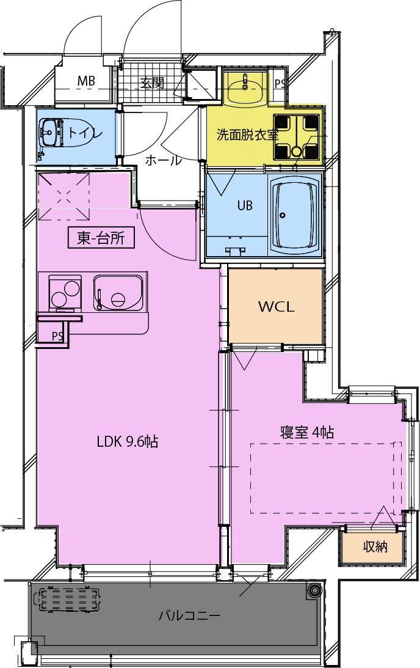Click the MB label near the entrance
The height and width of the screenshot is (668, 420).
coord(85,81)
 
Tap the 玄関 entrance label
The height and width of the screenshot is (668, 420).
coord(153,83)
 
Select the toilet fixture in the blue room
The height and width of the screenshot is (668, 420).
coord(52,131)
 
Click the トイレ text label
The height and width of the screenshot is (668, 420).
coord(85,133)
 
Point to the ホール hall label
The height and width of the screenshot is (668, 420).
coord(163,161)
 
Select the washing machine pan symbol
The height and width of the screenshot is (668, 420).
coord(297,137)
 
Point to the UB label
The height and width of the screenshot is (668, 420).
coord(245,206)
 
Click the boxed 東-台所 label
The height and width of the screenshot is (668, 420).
coord(101,238)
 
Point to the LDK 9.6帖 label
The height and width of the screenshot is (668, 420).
coord(128,441)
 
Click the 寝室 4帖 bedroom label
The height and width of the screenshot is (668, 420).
coord(306,432)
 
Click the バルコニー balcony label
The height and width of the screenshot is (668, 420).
coord(189,615)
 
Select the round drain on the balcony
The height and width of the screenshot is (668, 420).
coord(314,590)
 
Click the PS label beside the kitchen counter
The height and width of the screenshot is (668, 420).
coord(57,336)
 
